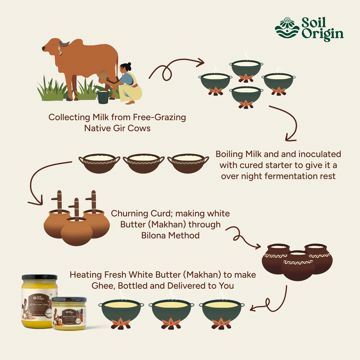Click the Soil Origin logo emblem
click(287, 27)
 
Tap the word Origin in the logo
click(322, 35)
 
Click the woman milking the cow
click(127, 83)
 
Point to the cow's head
click(53, 46)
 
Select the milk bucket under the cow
click(103, 96)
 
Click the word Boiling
click(229, 155)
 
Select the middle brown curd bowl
click(144, 163)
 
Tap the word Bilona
click(153, 235)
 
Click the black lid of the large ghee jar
click(39, 277)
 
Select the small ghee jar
click(69, 313)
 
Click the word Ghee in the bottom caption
click(78, 286)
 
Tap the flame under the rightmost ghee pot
click(221, 323)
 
